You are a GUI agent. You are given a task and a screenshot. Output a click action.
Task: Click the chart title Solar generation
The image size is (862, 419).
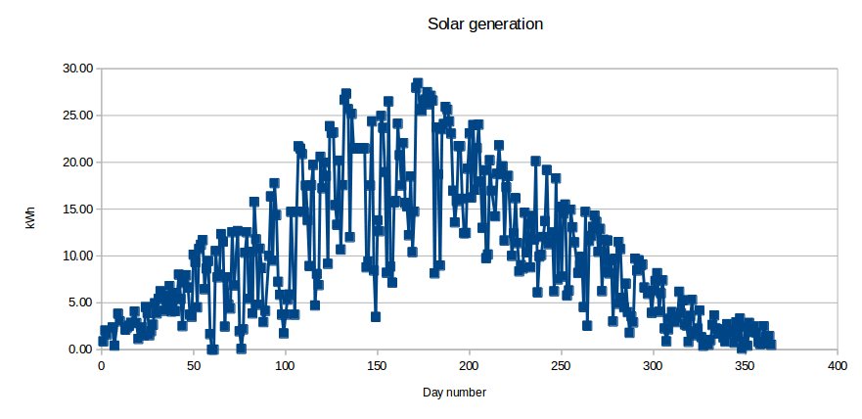point(485,23)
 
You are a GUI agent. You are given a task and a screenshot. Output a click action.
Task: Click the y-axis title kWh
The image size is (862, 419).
point(30,220)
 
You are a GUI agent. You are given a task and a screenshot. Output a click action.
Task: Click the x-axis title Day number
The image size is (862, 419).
point(454,393)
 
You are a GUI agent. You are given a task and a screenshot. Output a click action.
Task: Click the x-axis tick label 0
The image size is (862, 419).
point(101,366)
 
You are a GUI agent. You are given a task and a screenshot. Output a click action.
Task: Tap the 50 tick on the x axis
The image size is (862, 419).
point(193,366)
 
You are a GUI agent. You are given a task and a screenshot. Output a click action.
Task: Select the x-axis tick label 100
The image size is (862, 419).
point(285,366)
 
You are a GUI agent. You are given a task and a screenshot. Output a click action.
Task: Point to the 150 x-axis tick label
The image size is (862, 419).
point(377,366)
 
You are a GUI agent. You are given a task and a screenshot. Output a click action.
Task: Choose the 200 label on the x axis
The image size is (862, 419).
point(470,366)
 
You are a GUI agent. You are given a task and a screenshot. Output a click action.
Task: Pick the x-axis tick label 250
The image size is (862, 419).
point(562,366)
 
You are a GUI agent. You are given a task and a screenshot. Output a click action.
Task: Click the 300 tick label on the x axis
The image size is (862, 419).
point(654,366)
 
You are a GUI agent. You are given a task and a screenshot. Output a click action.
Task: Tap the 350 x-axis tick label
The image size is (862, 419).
point(746,366)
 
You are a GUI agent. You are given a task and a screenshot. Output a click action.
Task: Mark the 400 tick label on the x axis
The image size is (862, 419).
point(838,366)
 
